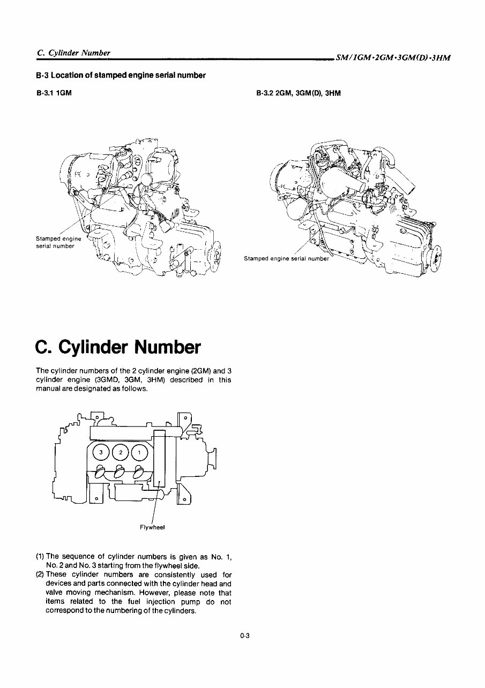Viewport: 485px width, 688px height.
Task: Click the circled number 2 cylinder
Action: (121, 453)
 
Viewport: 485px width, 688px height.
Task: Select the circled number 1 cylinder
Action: (139, 453)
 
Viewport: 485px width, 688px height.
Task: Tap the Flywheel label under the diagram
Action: (152, 527)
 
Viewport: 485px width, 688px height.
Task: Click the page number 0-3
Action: (245, 636)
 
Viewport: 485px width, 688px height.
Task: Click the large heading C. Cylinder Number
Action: (118, 347)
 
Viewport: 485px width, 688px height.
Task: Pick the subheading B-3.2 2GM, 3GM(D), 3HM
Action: (299, 93)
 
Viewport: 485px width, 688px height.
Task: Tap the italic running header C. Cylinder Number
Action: (73, 53)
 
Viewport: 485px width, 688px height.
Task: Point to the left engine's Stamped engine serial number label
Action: (58, 242)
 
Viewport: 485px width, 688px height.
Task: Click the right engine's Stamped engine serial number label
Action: (286, 258)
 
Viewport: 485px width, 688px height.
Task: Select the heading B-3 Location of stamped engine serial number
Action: (121, 75)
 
